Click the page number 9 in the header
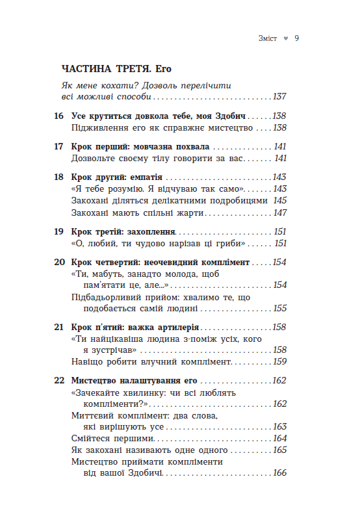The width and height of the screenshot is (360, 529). pyautogui.click(x=296, y=38)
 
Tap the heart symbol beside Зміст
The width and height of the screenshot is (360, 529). pyautogui.click(x=285, y=39)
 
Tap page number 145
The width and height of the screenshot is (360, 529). pyautogui.click(x=280, y=201)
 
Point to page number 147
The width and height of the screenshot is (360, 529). pyautogui.click(x=280, y=213)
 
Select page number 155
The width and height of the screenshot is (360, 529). pyautogui.click(x=279, y=309)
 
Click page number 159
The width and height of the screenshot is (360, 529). pyautogui.click(x=279, y=362)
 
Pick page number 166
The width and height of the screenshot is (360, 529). pyautogui.click(x=279, y=474)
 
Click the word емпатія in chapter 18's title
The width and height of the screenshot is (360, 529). pyautogui.click(x=146, y=177)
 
